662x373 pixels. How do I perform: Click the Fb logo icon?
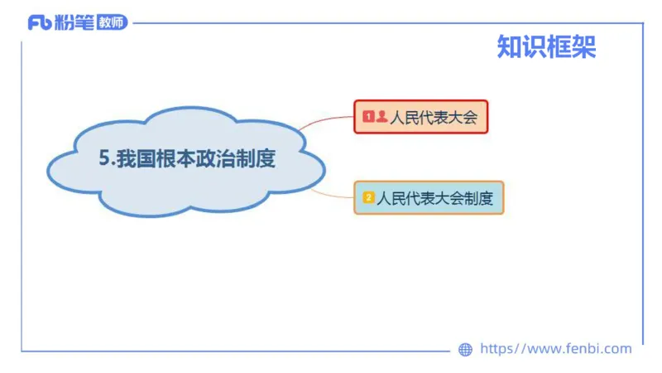point(39,23)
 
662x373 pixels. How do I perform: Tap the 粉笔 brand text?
point(73,23)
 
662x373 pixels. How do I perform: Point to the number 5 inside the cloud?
point(103,159)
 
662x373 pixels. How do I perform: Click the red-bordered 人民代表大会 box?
point(421,118)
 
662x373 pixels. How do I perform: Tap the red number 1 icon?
point(368,118)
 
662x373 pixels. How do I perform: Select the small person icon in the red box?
point(381,118)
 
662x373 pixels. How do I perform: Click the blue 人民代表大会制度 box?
point(429,198)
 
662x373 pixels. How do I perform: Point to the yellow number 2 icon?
point(368,198)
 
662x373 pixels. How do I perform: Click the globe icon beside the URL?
point(465,350)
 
